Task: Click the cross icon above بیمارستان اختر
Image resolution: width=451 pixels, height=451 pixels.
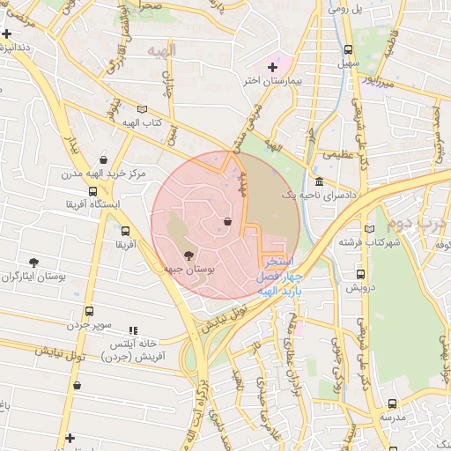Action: (x=272, y=67)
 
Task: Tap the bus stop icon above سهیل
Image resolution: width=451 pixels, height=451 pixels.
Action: (x=348, y=50)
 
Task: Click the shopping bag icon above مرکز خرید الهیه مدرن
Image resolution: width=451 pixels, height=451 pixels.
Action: (x=104, y=160)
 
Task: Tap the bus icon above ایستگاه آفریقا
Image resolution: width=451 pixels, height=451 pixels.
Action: (x=92, y=191)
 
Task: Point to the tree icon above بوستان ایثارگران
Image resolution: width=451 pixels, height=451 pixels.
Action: (x=34, y=262)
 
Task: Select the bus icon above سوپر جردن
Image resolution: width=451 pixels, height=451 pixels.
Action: (x=89, y=312)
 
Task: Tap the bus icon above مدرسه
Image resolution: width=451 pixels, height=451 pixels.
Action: (x=392, y=403)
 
